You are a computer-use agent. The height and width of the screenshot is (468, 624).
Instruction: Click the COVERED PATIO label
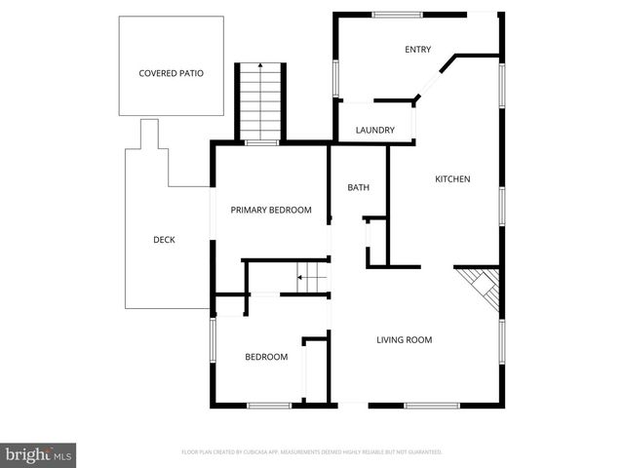click(x=171, y=73)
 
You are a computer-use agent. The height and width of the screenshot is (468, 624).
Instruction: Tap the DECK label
click(x=164, y=240)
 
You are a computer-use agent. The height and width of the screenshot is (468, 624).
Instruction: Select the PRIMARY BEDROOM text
click(x=270, y=211)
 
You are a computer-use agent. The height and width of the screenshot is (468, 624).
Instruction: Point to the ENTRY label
click(x=418, y=50)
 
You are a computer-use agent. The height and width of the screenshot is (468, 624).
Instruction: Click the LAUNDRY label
click(x=374, y=131)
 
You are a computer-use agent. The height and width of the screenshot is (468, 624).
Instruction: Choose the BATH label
click(x=358, y=187)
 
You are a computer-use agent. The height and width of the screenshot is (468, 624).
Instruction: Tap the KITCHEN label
click(x=452, y=179)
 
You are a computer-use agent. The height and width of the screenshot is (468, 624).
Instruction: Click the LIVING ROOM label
click(x=404, y=340)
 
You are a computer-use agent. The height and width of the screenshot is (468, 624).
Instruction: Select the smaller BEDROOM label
click(x=265, y=357)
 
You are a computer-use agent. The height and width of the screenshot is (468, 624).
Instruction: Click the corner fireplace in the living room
click(x=482, y=287)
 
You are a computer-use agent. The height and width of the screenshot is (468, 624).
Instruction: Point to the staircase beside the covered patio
click(x=261, y=102)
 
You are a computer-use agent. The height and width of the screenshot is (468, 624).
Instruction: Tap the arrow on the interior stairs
click(x=301, y=278)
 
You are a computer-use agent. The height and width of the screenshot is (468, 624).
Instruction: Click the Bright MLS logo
click(x=39, y=453)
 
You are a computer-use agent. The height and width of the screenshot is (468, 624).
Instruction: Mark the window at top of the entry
click(x=398, y=14)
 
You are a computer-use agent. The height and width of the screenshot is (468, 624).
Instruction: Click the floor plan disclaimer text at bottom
click(x=312, y=452)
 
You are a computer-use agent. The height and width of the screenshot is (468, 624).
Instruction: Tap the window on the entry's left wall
click(x=335, y=78)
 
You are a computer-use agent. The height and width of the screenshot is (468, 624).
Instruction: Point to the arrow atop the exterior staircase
click(x=261, y=66)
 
